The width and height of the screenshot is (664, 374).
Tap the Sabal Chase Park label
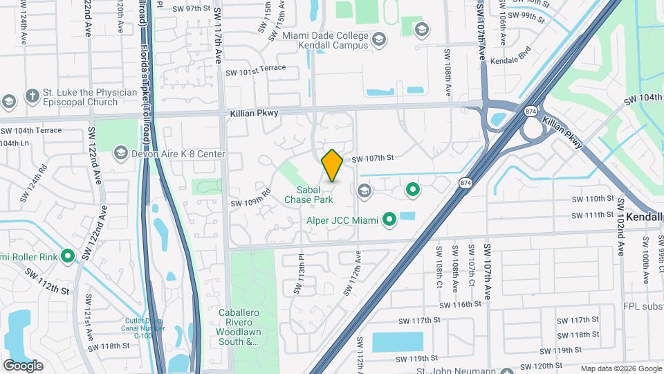pyautogui.click(x=308, y=194)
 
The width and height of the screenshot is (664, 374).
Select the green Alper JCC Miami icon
pyautogui.click(x=389, y=220)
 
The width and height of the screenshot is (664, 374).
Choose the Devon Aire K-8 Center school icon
pyautogui.click(x=121, y=152)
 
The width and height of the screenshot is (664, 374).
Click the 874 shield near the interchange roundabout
pyautogui.click(x=531, y=111)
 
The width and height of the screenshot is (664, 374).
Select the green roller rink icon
pyautogui.click(x=68, y=257)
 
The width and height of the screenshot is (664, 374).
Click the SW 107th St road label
pyautogui.click(x=372, y=159)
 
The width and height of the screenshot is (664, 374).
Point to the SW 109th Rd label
pyautogui.click(x=250, y=199)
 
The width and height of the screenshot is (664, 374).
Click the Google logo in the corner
pyautogui.click(x=23, y=366)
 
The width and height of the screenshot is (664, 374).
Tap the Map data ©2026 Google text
pyautogui.click(x=620, y=368)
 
